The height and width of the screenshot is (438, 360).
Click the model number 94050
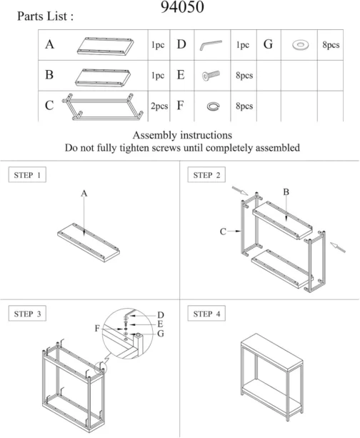pos(182,7)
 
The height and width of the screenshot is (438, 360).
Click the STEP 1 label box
pos(27,175)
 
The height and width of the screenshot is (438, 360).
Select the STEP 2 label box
pos(206,175)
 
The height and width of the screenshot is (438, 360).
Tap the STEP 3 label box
pos(27,314)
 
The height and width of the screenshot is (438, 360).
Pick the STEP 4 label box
pos(206,314)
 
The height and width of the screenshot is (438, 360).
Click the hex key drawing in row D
pos(210,44)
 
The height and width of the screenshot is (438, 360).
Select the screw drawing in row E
pos(211,75)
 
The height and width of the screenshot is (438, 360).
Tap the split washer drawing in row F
pos(213,106)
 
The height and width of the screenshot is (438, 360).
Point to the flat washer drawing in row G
pos(301,45)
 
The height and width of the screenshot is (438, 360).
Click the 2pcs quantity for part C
pos(159,106)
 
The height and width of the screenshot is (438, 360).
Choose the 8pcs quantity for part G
pos(331,45)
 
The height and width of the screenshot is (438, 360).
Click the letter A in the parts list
pos(49,44)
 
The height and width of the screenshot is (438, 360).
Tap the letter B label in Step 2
pos(286,192)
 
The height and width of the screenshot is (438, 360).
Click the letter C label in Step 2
pos(223,232)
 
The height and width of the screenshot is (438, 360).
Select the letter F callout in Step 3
pos(97,328)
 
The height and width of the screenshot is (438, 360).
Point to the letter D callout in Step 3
pos(161,315)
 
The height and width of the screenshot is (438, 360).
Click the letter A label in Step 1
pos(84,194)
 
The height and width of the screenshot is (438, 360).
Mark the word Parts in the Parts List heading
pos(31,16)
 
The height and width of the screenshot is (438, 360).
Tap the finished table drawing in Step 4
pos(271,377)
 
